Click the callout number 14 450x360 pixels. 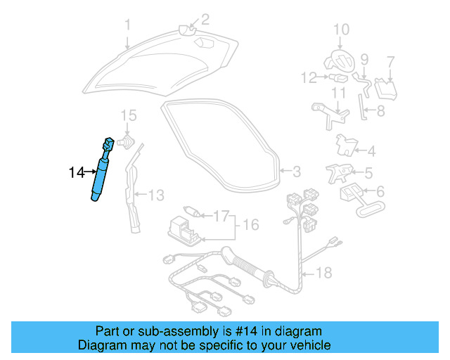(x=76, y=171)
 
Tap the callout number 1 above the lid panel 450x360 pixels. (x=128, y=25)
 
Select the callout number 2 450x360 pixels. (x=205, y=19)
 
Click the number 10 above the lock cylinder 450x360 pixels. (x=341, y=29)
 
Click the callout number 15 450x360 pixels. (x=127, y=115)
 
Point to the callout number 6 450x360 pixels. (x=380, y=191)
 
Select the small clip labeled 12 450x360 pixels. (x=337, y=77)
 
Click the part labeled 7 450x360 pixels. (x=385, y=88)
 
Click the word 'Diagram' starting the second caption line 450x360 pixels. (x=100, y=345)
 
